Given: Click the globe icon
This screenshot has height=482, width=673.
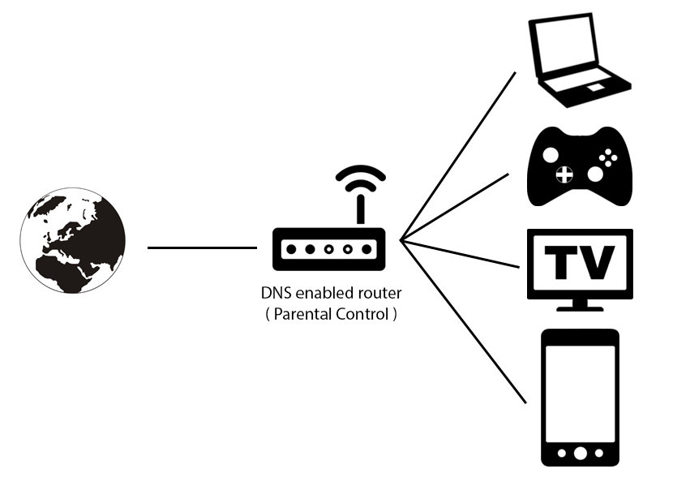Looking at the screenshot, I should [73, 240].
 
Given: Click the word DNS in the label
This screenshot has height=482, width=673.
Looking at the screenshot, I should [273, 294].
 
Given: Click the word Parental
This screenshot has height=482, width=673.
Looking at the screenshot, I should [302, 314].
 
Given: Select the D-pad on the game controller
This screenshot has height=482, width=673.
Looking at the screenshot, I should [563, 173].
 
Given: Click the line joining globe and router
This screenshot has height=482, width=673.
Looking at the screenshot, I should [202, 247].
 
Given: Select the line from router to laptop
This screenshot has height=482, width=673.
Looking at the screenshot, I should [458, 155].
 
